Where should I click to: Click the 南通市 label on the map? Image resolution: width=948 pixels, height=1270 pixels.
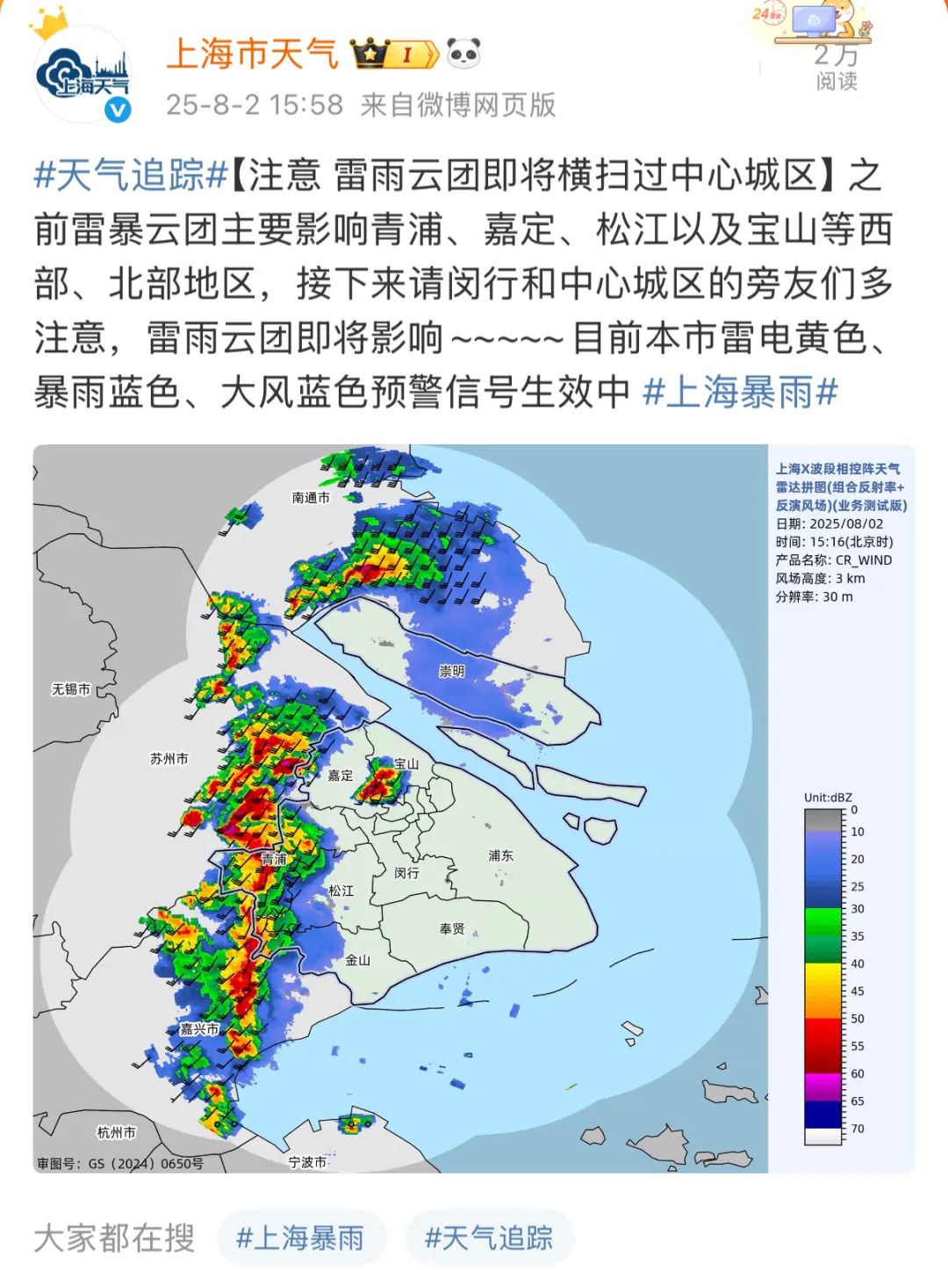pos(311,498)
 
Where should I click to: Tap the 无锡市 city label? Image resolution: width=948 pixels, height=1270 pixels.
pos(70,689)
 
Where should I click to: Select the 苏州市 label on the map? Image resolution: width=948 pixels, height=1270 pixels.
pos(169,758)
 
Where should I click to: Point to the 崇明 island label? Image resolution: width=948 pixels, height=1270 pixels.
pos(451,671)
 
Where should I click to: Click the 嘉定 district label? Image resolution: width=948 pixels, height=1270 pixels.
pos(340,775)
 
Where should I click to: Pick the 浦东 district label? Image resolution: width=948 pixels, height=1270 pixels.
pos(500,855)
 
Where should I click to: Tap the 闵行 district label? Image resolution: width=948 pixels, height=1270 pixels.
pos(406,872)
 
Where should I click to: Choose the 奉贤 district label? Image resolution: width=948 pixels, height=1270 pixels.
pos(452,928)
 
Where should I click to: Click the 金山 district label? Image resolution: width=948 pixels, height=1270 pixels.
pos(357,960)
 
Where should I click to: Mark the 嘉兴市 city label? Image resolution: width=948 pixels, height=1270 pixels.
pos(199,1028)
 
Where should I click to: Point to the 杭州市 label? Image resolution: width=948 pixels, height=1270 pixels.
pos(116,1132)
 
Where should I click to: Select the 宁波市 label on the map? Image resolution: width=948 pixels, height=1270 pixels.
pos(307,1162)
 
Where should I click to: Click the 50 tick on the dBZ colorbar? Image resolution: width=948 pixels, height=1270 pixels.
pos(857,1019)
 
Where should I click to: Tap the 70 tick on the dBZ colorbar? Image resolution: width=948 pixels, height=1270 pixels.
pos(857,1129)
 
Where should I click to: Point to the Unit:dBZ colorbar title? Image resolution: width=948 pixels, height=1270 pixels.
pos(828,797)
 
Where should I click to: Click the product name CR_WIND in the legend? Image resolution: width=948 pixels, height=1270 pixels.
pos(863,560)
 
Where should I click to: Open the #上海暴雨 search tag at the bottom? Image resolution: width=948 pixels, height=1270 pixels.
pos(300,1238)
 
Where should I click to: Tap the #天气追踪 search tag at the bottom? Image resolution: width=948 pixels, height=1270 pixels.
pos(489,1238)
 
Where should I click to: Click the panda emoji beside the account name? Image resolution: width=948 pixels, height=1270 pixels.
pos(464,54)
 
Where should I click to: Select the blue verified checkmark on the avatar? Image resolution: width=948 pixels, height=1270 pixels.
pos(118,110)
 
